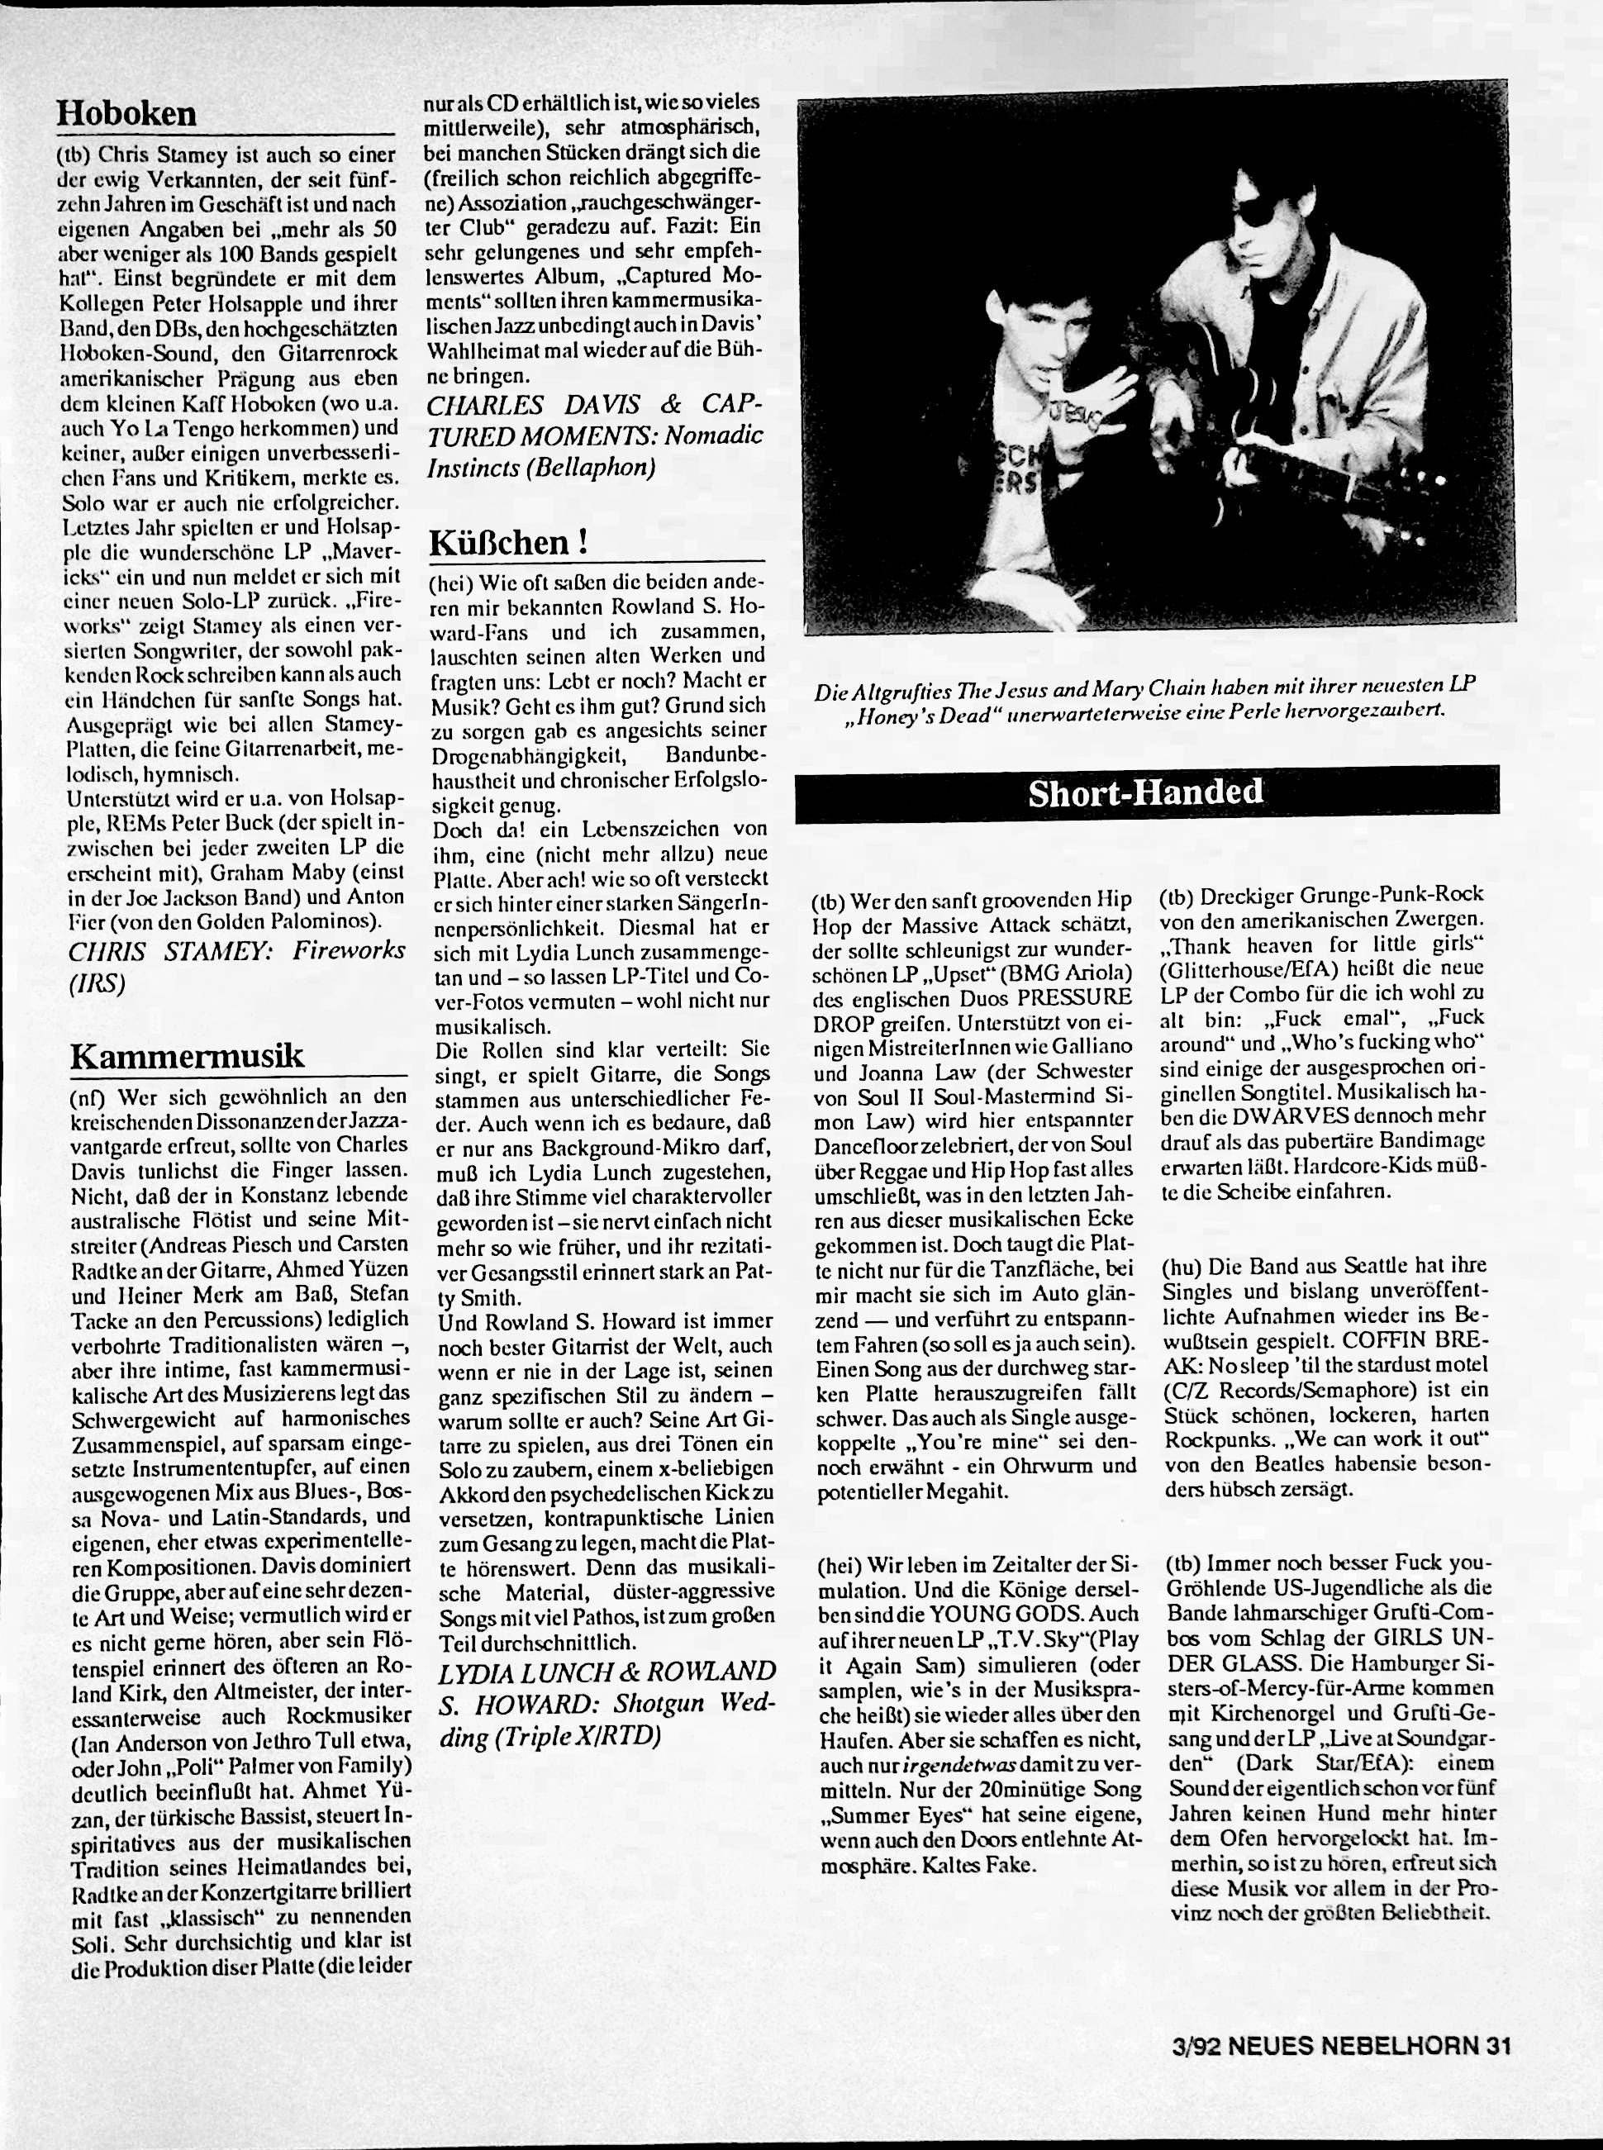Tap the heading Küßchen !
[508, 541]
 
